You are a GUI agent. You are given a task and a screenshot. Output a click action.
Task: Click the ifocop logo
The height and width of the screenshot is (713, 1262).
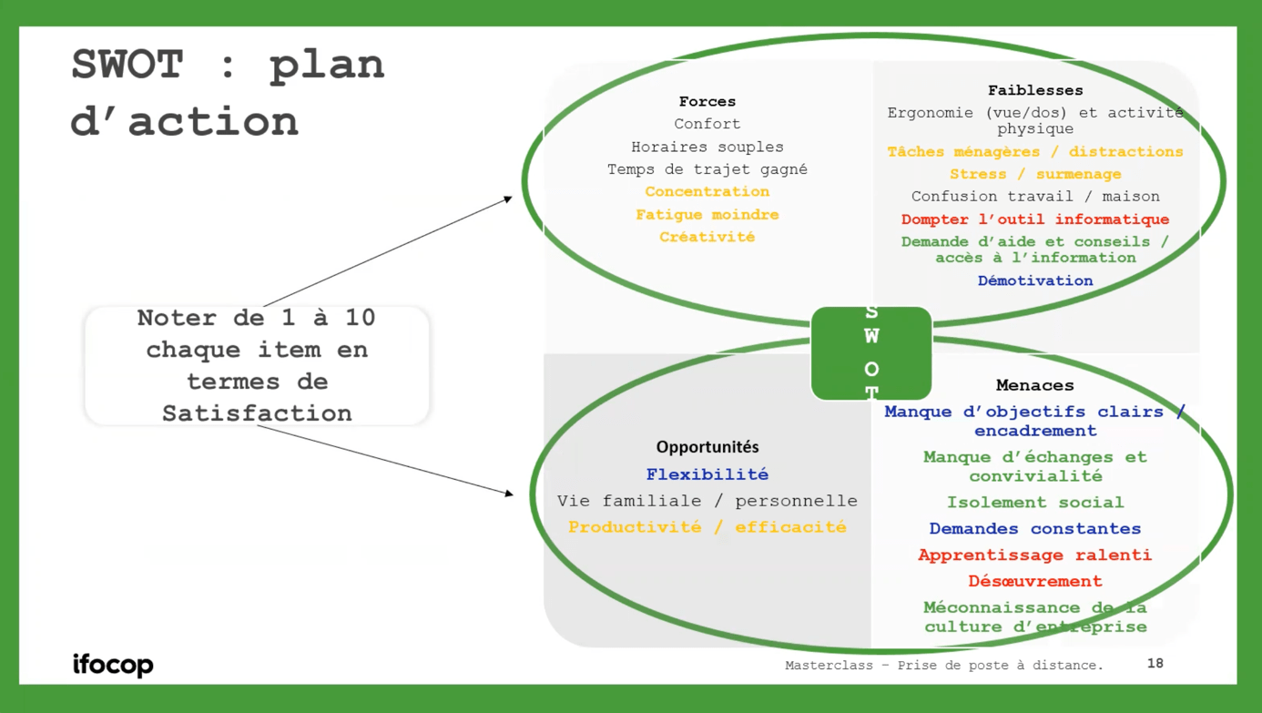click(x=113, y=665)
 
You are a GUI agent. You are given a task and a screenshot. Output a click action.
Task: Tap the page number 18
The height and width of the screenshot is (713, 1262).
click(x=1155, y=664)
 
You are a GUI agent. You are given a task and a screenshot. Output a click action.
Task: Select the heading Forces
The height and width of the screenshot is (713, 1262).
click(x=707, y=101)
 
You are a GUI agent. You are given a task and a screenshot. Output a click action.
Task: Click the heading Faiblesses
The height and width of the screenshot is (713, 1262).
click(x=1035, y=90)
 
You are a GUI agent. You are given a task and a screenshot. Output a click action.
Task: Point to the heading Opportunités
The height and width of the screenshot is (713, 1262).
click(x=707, y=447)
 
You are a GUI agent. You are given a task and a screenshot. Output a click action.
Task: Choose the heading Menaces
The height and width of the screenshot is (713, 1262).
click(x=1035, y=385)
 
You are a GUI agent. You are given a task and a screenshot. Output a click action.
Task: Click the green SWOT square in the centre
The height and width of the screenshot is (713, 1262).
click(x=871, y=352)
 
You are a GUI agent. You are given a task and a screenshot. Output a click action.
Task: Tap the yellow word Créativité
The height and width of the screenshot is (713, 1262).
click(x=707, y=237)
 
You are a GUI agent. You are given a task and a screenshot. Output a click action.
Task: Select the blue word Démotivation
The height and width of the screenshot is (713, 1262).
click(x=1035, y=280)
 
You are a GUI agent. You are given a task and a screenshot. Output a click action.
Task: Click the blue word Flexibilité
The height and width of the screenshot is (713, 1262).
click(x=707, y=474)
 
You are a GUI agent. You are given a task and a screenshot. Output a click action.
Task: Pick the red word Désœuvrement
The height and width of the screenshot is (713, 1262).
click(x=1035, y=581)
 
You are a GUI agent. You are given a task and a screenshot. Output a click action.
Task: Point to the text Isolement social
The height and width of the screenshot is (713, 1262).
click(x=1035, y=503)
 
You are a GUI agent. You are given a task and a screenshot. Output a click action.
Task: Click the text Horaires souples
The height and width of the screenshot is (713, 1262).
click(x=707, y=148)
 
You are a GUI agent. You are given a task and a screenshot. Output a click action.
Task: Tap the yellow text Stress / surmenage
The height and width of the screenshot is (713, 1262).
click(x=1035, y=174)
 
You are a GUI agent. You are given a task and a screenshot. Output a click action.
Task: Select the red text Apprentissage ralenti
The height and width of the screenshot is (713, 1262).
click(x=1035, y=555)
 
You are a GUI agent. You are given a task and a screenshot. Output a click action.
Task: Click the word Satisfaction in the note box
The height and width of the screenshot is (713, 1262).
click(x=257, y=413)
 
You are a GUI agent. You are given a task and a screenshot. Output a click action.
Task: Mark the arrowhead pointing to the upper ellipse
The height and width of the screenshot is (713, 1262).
click(x=509, y=199)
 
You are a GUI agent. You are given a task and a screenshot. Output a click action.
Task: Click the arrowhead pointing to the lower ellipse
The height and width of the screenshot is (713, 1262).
click(x=510, y=494)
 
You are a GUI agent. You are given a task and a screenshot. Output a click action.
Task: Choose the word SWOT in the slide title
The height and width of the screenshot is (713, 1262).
click(x=127, y=64)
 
